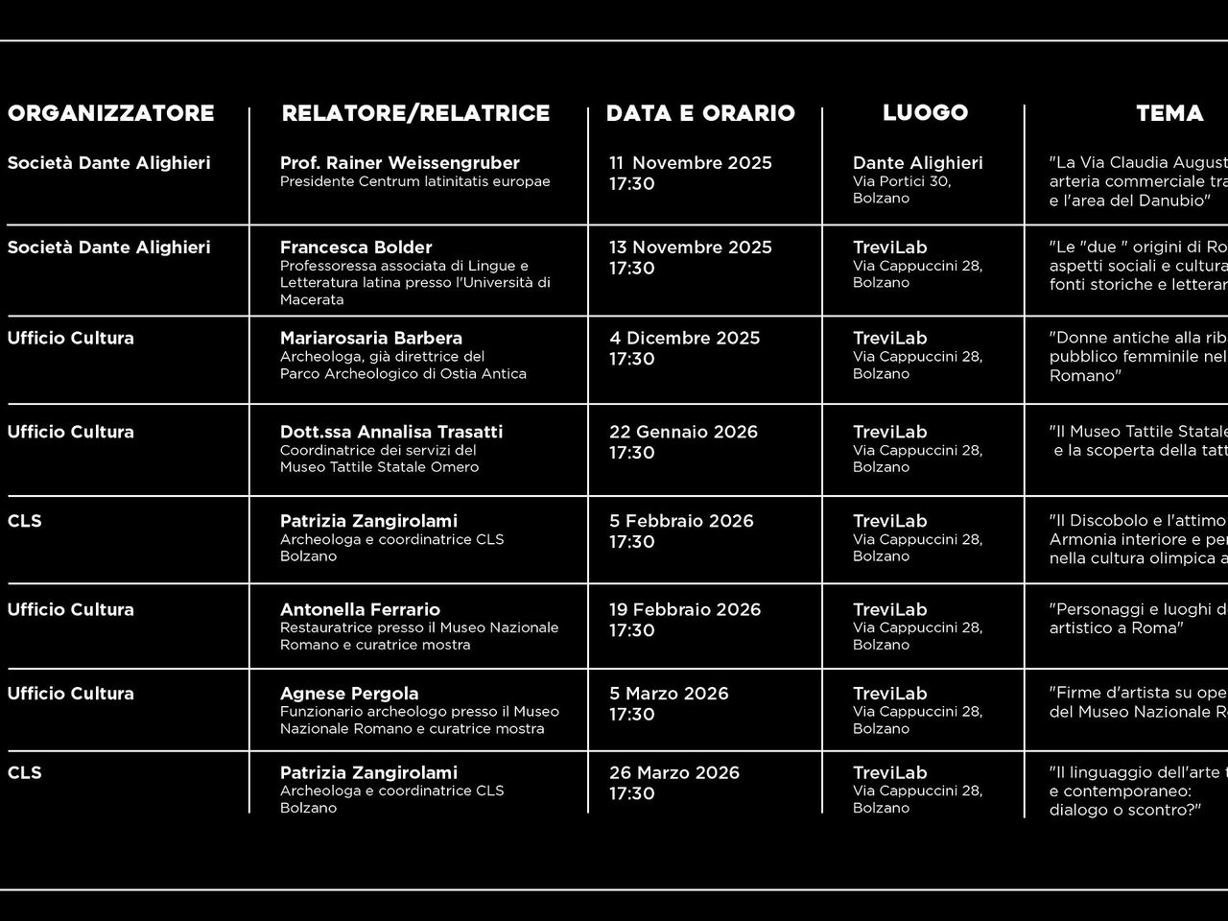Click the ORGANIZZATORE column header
click(x=110, y=113)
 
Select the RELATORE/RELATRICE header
click(x=415, y=113)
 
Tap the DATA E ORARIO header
click(x=700, y=113)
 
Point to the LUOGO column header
click(x=925, y=112)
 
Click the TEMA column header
click(x=1169, y=113)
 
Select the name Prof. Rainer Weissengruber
click(x=399, y=163)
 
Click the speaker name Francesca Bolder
click(x=356, y=248)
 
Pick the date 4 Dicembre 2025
click(x=684, y=338)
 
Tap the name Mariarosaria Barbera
click(x=370, y=338)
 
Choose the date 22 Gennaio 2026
click(x=683, y=432)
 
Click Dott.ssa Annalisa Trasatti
click(x=391, y=432)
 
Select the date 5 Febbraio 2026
click(x=681, y=521)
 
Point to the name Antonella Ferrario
click(x=360, y=609)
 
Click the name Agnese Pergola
click(x=349, y=694)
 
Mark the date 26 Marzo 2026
click(x=674, y=772)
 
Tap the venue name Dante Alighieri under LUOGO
click(x=917, y=163)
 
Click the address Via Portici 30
click(x=901, y=181)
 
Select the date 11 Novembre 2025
click(x=690, y=163)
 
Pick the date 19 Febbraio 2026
click(x=685, y=609)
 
